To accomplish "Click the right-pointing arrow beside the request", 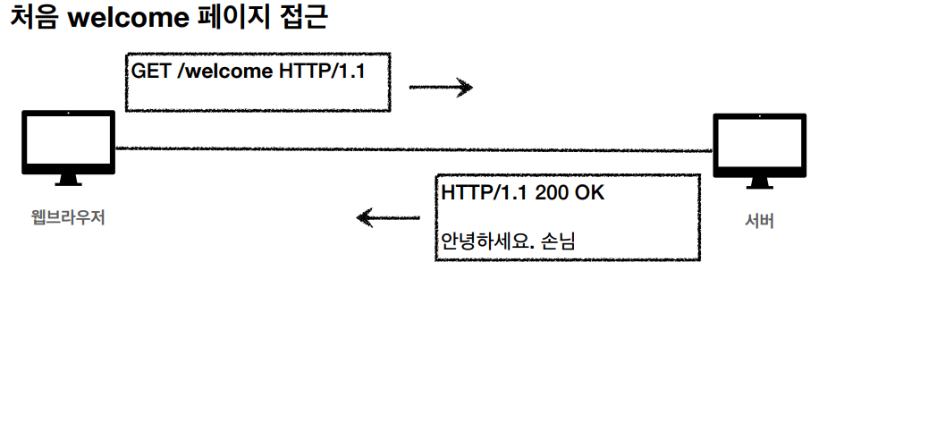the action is point(440,87).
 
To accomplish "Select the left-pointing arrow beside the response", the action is point(387,217).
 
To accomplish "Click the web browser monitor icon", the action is point(68,143).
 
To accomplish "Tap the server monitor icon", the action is point(759,146).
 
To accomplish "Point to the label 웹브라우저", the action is point(68,216).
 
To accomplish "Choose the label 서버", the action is point(759,221).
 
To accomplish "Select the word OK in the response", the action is point(589,192).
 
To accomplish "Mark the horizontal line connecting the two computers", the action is point(411,149).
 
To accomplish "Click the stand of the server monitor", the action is point(759,182).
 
